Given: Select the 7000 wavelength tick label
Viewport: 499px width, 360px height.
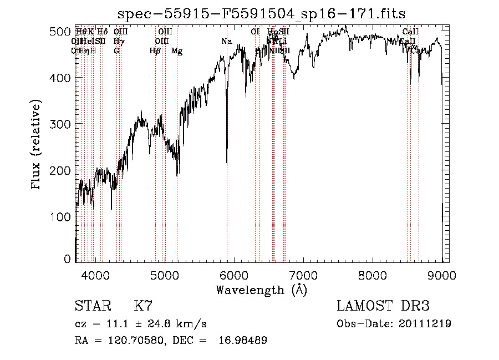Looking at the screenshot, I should click(303, 275).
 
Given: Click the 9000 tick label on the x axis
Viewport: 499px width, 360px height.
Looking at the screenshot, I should click(442, 275).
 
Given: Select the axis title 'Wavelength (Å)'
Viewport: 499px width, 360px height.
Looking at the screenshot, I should click(261, 290).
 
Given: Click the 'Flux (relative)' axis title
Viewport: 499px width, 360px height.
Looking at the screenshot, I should click(37, 145).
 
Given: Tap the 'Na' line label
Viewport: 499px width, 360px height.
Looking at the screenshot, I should click(226, 42).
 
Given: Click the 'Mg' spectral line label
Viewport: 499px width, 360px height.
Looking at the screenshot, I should click(177, 51).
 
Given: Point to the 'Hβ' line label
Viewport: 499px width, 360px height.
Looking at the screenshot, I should click(155, 51).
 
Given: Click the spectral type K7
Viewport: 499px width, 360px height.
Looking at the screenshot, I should click(143, 306).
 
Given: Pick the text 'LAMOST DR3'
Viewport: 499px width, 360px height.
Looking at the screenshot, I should click(383, 306).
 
